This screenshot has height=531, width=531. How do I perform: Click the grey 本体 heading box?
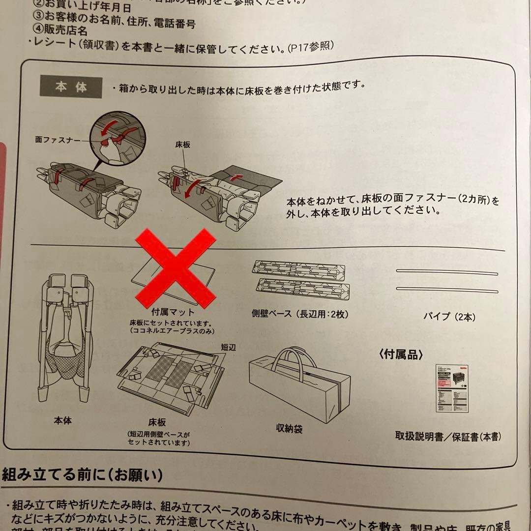pos(71,88)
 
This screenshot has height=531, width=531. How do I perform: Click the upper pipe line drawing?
pos(447,271)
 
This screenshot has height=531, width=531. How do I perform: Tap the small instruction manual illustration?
pos(452,388)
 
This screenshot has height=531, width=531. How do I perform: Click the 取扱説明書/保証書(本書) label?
pos(448,436)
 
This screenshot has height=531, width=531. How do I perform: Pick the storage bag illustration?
pos(299,381)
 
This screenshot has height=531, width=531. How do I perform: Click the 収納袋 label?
pos(289,429)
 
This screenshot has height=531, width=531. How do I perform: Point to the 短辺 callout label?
pos(229,347)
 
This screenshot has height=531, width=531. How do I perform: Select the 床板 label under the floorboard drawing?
pos(157,422)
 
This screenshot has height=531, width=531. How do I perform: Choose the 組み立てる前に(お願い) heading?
pos(82,475)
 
